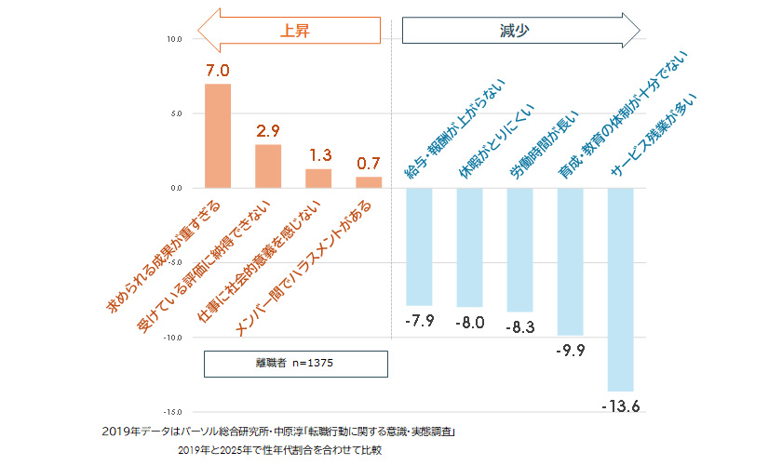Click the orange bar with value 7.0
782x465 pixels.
(218, 136)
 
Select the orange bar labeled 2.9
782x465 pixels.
(268, 166)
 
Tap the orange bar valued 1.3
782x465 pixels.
(318, 179)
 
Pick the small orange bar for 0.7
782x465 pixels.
(369, 182)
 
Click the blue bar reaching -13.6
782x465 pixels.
(620, 289)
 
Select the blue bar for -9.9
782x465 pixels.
(570, 261)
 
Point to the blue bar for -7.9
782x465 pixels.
(419, 246)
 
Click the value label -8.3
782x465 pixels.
(519, 326)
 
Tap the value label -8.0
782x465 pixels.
(469, 323)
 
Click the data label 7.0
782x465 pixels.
(218, 71)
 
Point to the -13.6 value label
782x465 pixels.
(620, 406)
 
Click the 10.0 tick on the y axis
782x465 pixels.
(174, 39)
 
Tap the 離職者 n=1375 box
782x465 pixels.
(295, 364)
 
